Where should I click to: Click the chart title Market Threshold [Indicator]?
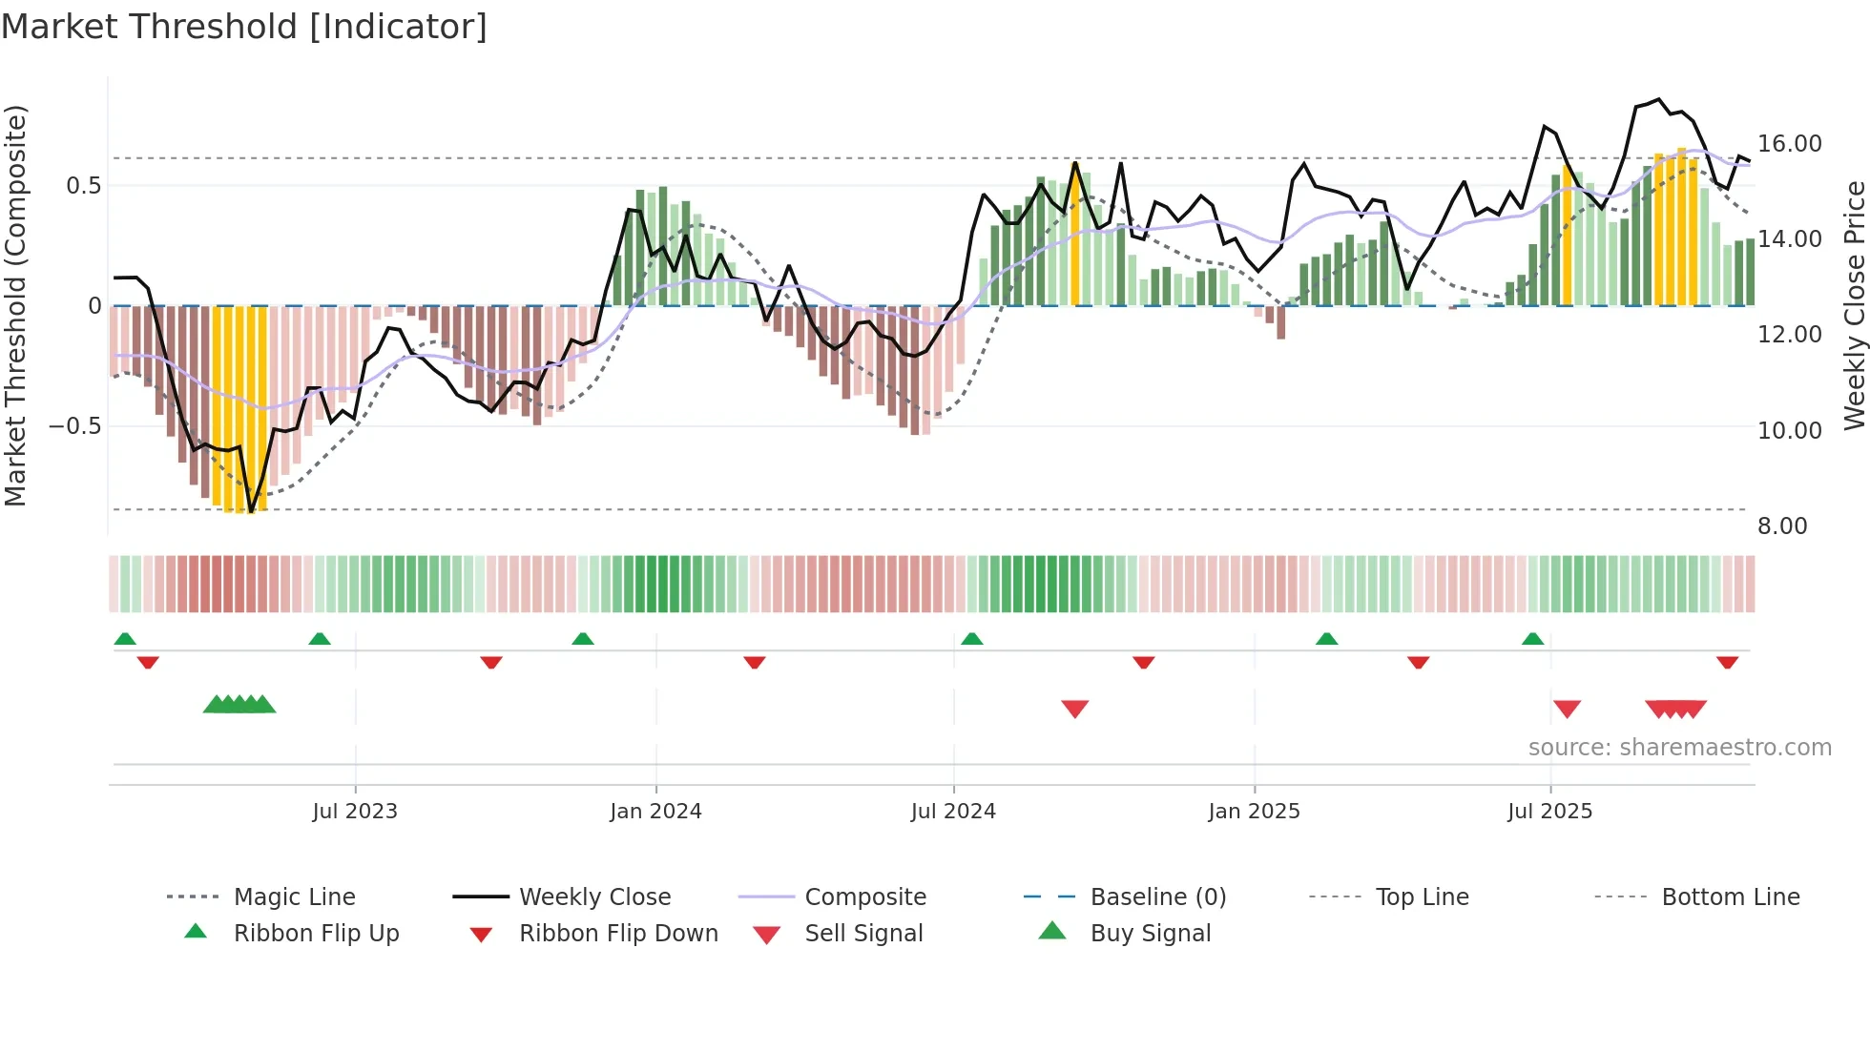[x=244, y=27]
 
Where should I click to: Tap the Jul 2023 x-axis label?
[x=355, y=812]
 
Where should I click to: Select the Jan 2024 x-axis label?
[x=655, y=812]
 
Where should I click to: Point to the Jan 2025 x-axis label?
[x=1254, y=812]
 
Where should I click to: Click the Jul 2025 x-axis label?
[x=1549, y=812]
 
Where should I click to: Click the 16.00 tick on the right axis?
[x=1790, y=144]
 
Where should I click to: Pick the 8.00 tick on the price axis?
[x=1782, y=526]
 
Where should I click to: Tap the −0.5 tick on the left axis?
[x=75, y=426]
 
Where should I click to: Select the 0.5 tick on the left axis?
[x=83, y=186]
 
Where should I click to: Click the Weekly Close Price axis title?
[x=1854, y=305]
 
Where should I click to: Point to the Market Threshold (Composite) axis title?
[x=15, y=305]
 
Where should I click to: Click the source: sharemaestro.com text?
[x=1679, y=748]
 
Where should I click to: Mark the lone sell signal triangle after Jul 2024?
[x=1075, y=709]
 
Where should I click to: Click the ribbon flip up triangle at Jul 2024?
[x=971, y=639]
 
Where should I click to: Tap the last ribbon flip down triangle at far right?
[x=1727, y=662]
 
